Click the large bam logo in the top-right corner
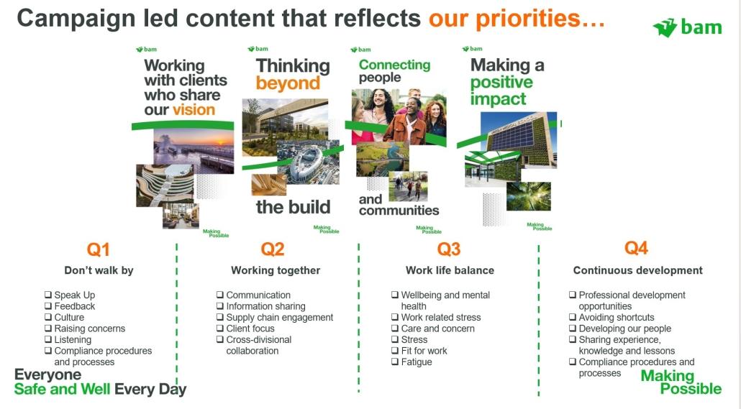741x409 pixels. (688, 28)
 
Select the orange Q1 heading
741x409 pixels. (99, 249)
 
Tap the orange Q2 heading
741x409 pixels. (273, 249)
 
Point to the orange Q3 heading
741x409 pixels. (449, 249)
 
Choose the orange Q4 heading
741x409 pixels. (636, 248)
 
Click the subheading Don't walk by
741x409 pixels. (99, 270)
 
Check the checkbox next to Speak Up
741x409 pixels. (47, 295)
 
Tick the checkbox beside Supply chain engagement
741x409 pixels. (219, 318)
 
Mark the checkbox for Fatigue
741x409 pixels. (395, 362)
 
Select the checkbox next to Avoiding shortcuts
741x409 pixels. (572, 318)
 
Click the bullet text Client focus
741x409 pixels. (250, 328)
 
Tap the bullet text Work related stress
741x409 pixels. (441, 318)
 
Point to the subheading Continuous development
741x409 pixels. (638, 270)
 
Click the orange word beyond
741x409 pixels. (288, 83)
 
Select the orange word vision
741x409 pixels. (194, 109)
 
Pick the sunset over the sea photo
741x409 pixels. (194, 151)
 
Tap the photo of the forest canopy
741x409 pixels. (528, 196)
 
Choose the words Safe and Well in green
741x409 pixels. (62, 389)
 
